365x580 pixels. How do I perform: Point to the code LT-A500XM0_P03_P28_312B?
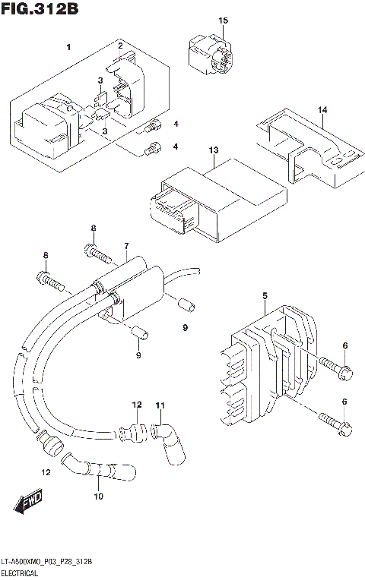pyautogui.click(x=47, y=562)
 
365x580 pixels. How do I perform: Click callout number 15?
pyautogui.click(x=224, y=20)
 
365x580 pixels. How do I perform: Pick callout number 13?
pyautogui.click(x=214, y=150)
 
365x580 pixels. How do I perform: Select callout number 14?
pyautogui.click(x=322, y=111)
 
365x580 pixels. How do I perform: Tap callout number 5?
pyautogui.click(x=264, y=295)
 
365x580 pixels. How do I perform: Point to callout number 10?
pyautogui.click(x=98, y=496)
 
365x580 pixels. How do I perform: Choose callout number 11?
pyautogui.click(x=160, y=406)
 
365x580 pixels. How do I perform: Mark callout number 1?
pyautogui.click(x=68, y=48)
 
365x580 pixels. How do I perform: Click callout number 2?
pyautogui.click(x=119, y=46)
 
